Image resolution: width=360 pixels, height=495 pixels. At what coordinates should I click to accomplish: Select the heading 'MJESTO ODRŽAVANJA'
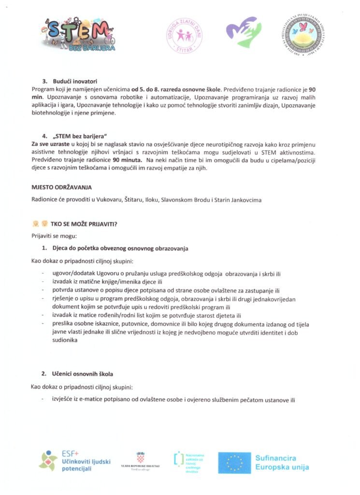tap(61, 187)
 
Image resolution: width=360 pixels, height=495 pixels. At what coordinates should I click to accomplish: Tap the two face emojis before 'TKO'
tap(40, 224)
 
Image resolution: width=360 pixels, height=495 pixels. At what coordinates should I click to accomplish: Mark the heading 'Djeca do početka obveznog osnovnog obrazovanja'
tap(120, 248)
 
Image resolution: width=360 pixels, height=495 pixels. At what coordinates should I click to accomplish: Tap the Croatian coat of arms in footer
tap(140, 456)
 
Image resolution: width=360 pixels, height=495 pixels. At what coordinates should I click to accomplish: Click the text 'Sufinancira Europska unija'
tap(282, 463)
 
